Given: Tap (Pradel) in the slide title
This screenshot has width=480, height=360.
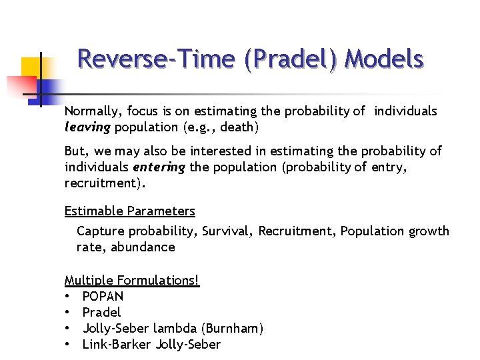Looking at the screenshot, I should tap(293, 59).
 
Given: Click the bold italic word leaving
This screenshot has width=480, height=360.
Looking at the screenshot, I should tap(87, 127).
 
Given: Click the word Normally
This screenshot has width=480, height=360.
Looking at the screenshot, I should tap(91, 111).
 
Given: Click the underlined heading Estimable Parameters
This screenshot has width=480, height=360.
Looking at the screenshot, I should tap(129, 211).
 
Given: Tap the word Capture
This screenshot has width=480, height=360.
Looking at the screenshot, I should tap(100, 231).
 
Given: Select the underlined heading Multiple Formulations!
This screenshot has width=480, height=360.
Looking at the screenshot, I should tap(131, 280).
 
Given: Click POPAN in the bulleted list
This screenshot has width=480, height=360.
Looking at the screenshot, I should tap(103, 296).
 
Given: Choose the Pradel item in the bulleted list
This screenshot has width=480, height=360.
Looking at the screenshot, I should tap(101, 312).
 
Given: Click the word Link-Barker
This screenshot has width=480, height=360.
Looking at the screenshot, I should tap(117, 344).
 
